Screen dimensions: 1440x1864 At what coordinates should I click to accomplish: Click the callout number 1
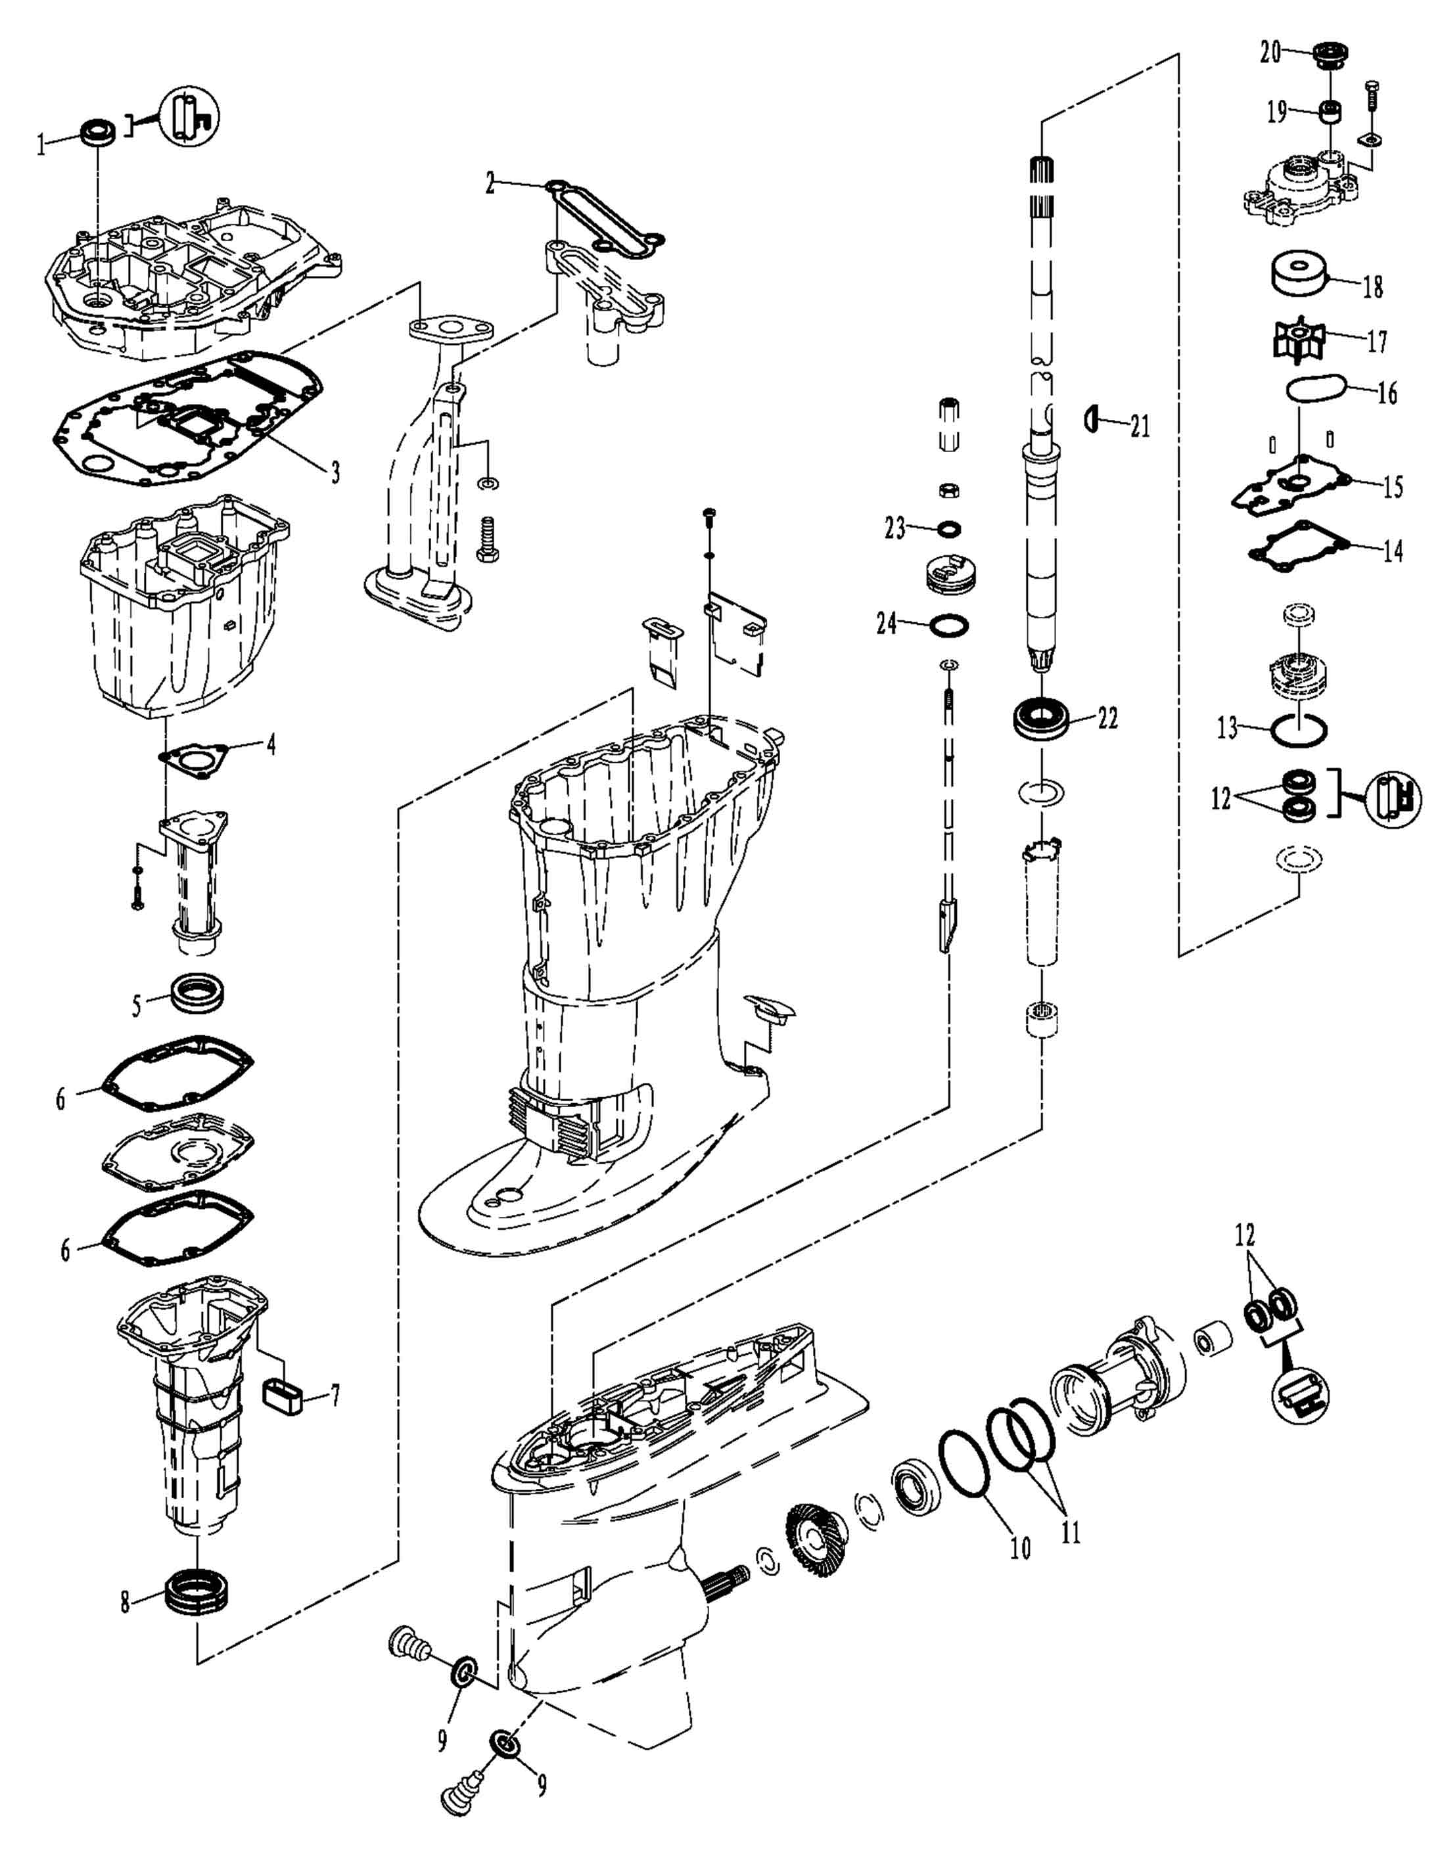click(x=40, y=145)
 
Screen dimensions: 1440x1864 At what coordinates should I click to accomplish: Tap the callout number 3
click(x=335, y=471)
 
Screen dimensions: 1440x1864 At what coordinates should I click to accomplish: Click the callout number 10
click(x=1020, y=1547)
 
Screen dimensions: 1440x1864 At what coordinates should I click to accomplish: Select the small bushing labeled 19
click(x=1329, y=112)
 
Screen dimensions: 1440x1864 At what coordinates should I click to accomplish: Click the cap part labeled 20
click(x=1329, y=57)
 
